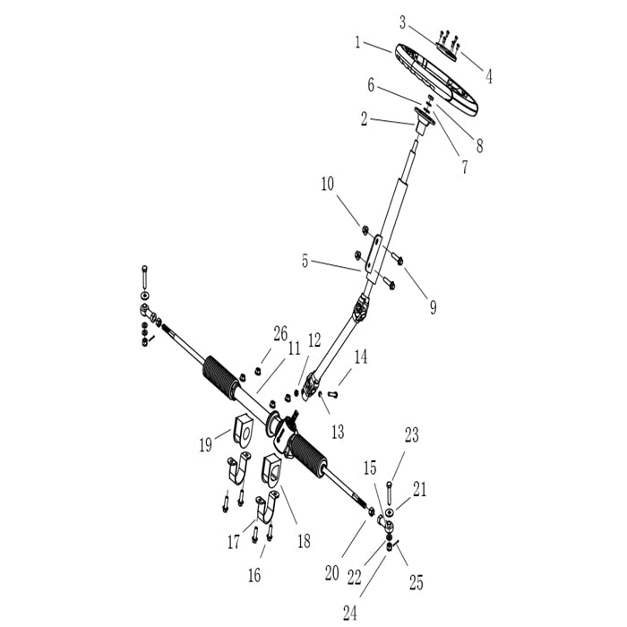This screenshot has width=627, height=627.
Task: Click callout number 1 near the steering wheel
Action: click(x=357, y=41)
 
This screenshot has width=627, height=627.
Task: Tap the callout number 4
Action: click(x=489, y=76)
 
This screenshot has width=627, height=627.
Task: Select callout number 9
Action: click(x=433, y=307)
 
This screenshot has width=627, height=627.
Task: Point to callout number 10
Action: click(x=328, y=185)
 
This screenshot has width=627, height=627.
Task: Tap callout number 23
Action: click(x=411, y=435)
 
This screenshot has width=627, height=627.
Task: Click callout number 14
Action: click(x=360, y=357)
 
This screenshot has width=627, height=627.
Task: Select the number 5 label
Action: click(x=305, y=262)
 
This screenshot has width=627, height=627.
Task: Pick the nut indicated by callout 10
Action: click(x=365, y=230)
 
